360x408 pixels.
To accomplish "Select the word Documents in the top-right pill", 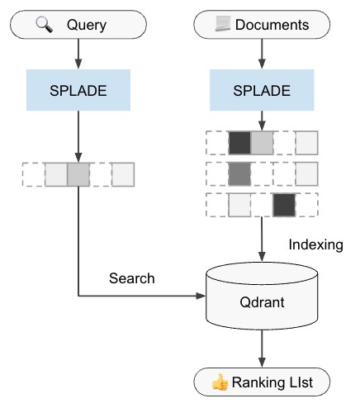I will click(272, 25).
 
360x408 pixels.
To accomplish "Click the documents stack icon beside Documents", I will click(220, 25).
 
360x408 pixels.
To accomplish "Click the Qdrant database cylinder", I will click(261, 302).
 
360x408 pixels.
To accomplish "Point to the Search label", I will click(131, 278).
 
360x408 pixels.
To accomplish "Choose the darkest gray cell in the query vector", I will click(78, 174).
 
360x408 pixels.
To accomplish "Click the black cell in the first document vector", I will click(239, 142).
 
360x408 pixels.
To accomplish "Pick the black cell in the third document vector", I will click(284, 204).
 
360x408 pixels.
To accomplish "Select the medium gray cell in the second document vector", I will click(239, 173).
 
